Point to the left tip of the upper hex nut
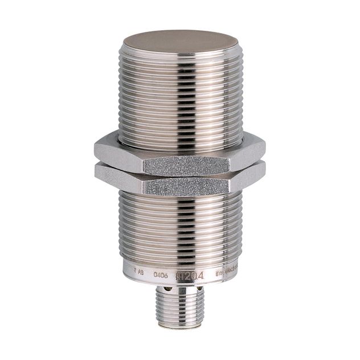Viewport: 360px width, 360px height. [x=95, y=150]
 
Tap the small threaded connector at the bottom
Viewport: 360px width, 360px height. [x=181, y=310]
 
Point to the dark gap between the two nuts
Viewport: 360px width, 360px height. [x=179, y=174]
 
